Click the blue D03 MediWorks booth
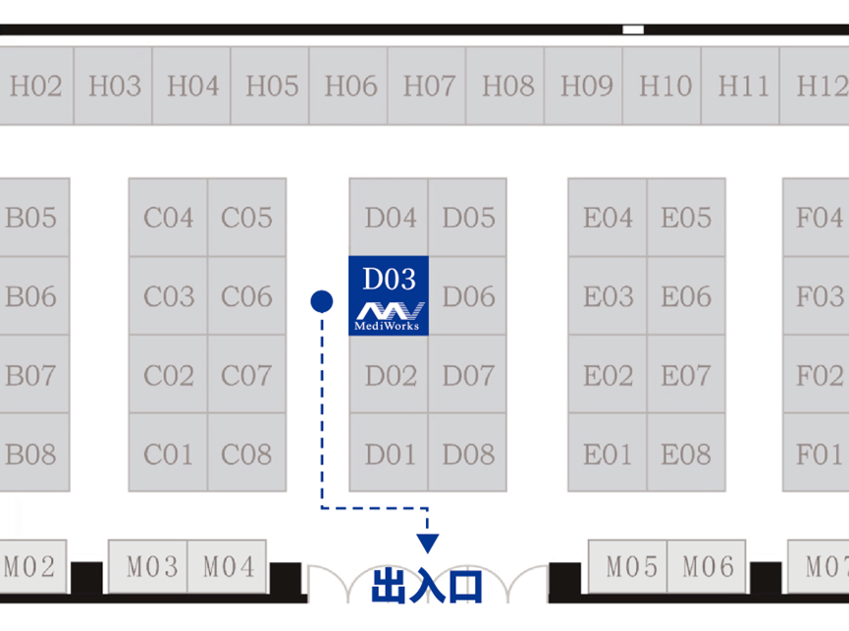(389, 294)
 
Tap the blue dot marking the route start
(321, 301)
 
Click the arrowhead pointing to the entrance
(428, 543)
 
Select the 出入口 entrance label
(428, 586)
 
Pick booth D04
(390, 217)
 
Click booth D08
(468, 453)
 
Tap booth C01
(168, 453)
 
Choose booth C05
(246, 217)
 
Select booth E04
(608, 217)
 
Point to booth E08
(685, 453)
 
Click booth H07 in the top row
(428, 86)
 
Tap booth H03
(114, 86)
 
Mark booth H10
(664, 86)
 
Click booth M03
(148, 566)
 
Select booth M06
(707, 566)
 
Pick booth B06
(30, 295)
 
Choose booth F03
(818, 295)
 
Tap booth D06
(468, 295)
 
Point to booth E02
(608, 375)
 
